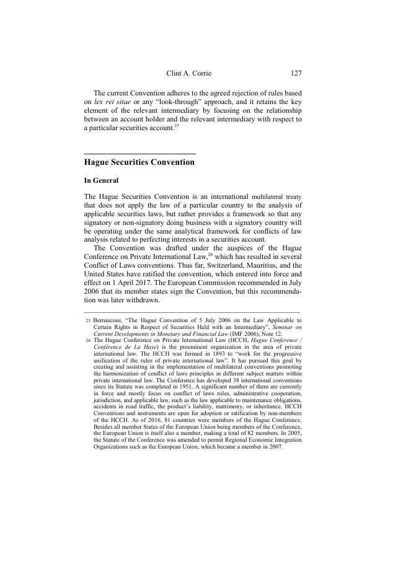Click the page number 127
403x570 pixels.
296,73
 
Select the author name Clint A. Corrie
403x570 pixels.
189,73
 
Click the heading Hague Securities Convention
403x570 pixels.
139,162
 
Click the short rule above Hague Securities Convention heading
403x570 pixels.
139,153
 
